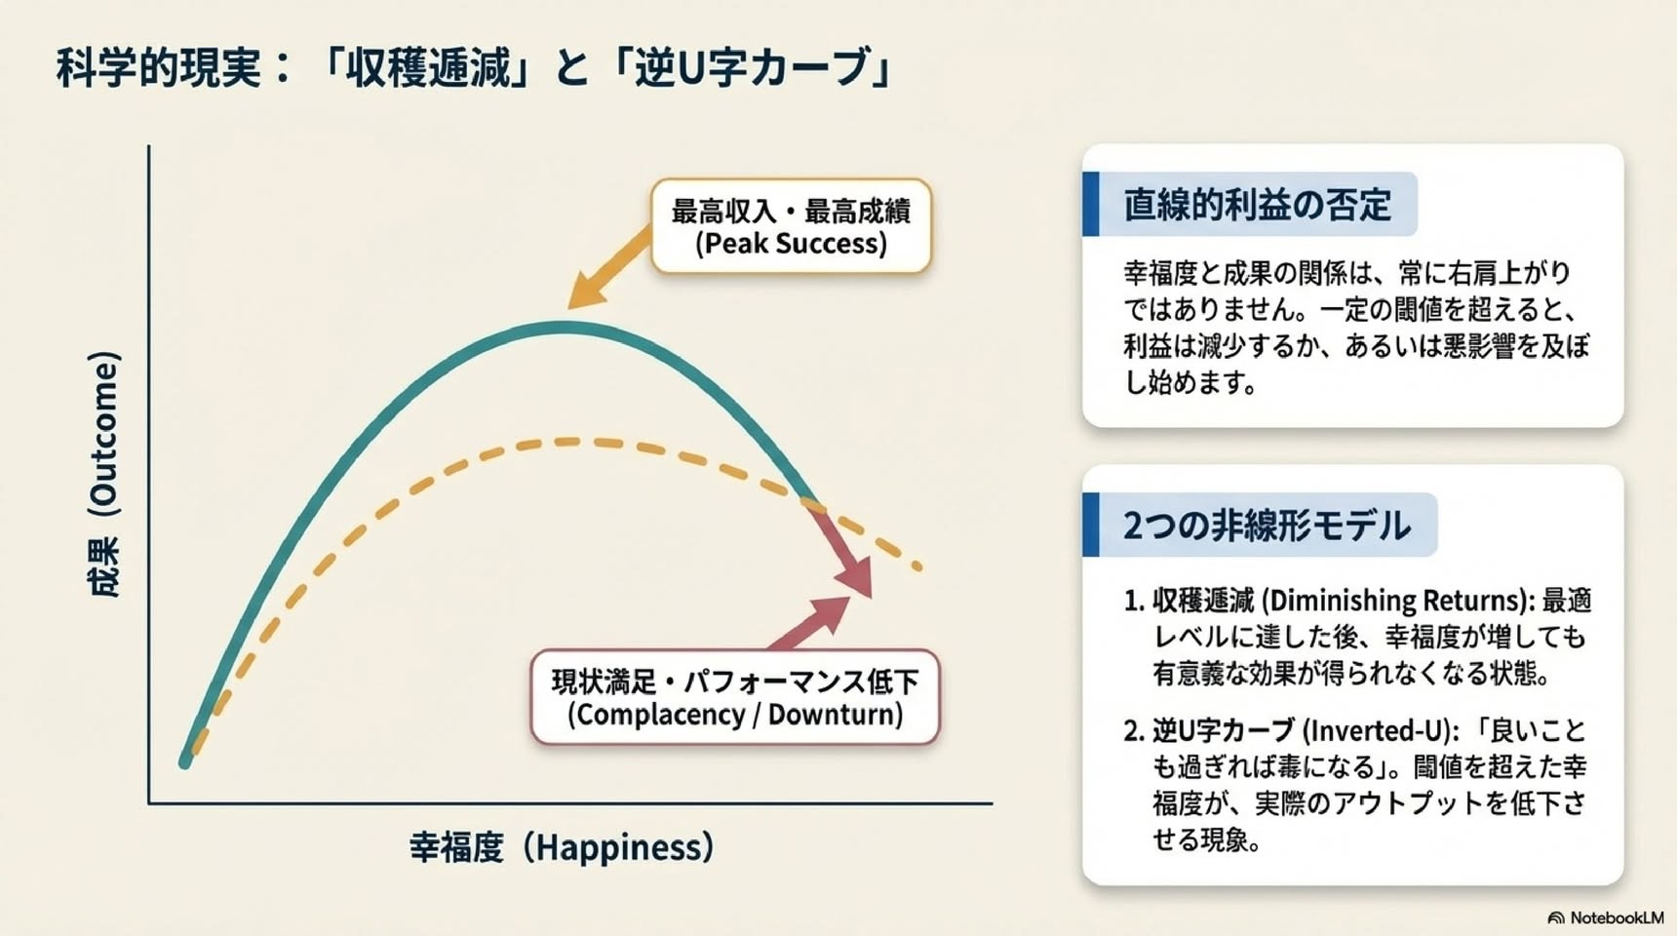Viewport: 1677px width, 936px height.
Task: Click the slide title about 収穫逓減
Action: (x=474, y=68)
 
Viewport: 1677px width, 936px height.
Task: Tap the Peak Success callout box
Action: (x=791, y=225)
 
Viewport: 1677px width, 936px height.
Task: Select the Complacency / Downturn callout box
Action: (x=735, y=697)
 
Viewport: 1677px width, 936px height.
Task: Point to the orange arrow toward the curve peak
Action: (x=609, y=267)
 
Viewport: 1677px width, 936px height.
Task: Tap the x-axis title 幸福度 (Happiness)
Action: (x=562, y=846)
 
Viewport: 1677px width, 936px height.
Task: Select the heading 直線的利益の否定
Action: (x=1257, y=205)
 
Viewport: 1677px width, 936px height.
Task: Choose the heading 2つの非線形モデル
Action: (x=1267, y=526)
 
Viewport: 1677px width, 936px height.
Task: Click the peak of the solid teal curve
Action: (x=564, y=328)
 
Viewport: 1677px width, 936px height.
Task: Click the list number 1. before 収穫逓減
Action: (x=1133, y=601)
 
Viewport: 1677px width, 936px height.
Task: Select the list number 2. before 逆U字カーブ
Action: (x=1133, y=731)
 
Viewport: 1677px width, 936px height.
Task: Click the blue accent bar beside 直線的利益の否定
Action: (x=1091, y=204)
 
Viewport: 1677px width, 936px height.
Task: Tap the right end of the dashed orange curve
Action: (x=919, y=566)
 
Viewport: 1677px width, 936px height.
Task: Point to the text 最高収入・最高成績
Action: (x=791, y=210)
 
